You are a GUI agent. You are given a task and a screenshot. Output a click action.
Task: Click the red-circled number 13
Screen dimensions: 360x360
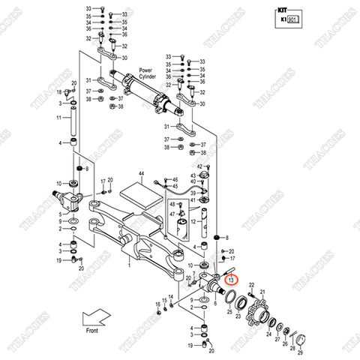pos(231,279)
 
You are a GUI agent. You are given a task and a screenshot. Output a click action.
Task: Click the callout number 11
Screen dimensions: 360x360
pos(59,118)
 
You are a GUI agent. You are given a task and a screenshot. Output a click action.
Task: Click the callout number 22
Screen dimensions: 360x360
pos(252,286)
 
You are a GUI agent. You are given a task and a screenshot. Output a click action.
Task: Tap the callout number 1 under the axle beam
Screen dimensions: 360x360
pos(128,264)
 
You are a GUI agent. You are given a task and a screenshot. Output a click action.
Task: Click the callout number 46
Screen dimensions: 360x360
pos(175,180)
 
